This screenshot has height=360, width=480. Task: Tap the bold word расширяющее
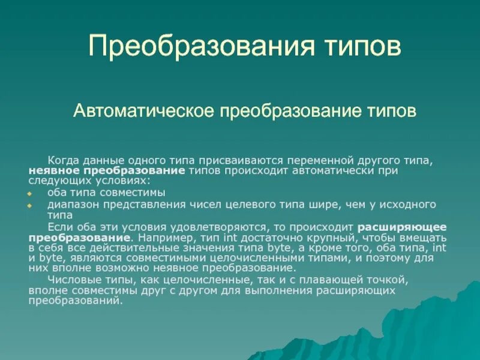[x=402, y=227]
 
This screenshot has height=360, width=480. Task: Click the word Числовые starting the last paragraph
[x=68, y=280]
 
